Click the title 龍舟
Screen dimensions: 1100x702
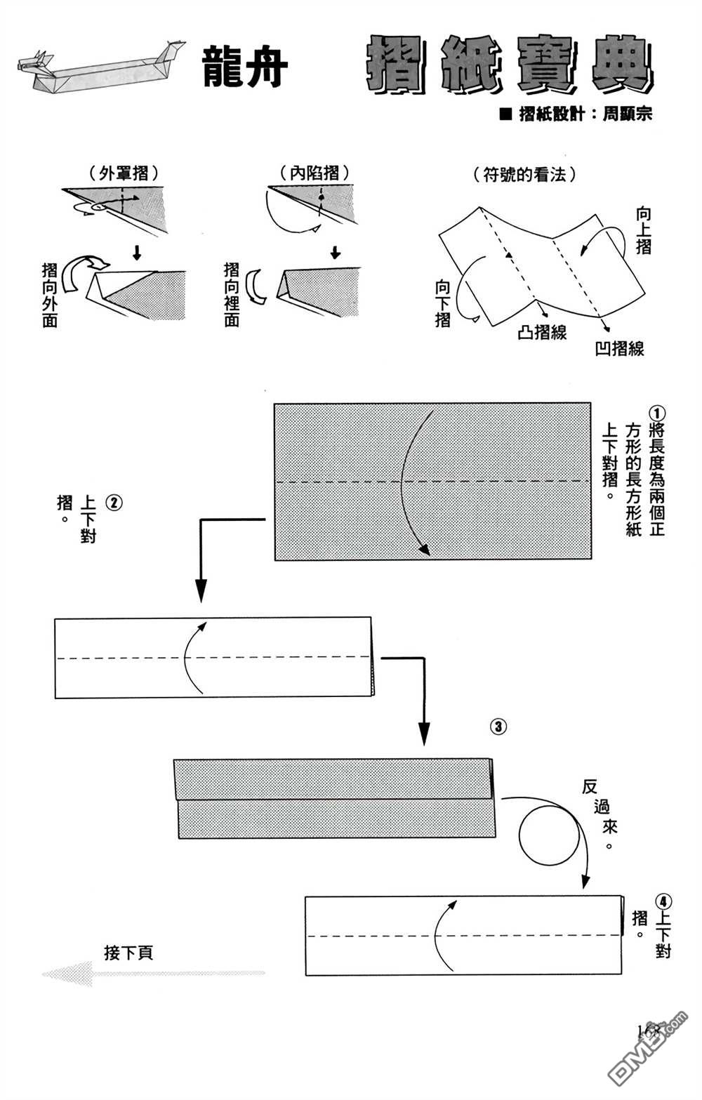[245, 67]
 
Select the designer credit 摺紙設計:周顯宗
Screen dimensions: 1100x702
[576, 114]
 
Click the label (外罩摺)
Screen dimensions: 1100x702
[123, 173]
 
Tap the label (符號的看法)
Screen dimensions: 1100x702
[525, 174]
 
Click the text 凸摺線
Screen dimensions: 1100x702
[542, 332]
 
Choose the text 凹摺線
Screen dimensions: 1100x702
[619, 347]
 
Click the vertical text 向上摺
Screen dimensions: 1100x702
[643, 230]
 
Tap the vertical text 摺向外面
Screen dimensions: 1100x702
[50, 295]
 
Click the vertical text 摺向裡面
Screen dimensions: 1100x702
[232, 295]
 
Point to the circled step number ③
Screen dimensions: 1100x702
[498, 727]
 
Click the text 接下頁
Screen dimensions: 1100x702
[128, 953]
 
